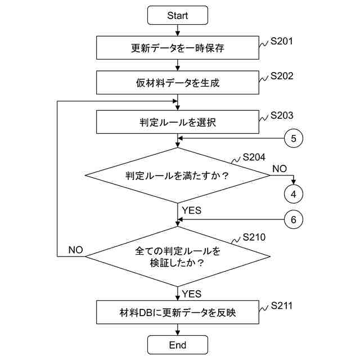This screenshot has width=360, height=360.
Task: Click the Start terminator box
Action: coord(177,15)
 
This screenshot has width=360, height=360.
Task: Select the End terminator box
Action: coord(177,345)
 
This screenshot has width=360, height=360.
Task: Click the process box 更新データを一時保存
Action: coord(177,48)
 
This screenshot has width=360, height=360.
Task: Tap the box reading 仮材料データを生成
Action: coord(177,83)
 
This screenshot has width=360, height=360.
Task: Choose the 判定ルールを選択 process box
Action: coord(177,121)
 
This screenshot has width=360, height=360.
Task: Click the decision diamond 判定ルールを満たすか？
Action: coord(177,175)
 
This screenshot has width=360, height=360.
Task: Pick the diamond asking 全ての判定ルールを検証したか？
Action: coord(177,255)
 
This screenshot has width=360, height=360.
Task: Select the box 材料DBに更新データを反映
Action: coord(177,313)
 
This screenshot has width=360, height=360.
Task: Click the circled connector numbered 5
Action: coord(293,137)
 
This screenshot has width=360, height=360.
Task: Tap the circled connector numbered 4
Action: coord(293,194)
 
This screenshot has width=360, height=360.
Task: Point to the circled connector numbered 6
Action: coord(293,220)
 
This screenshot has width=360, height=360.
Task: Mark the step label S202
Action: coord(282,75)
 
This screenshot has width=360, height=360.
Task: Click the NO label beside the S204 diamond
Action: coord(280,168)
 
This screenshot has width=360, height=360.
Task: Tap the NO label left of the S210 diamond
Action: coord(76,249)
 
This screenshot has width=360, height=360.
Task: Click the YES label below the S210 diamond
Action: coord(192,294)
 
